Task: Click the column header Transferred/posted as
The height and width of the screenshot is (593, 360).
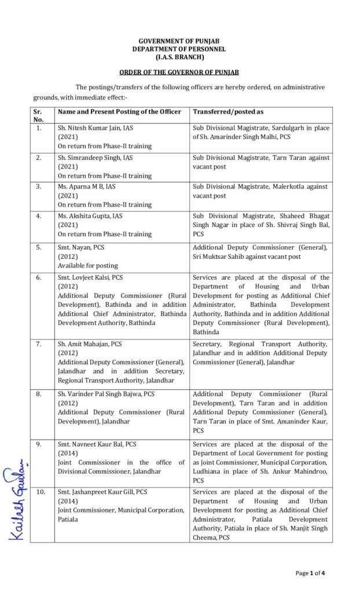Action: [228, 111]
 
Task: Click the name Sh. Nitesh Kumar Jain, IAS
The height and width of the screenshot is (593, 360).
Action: [95, 128]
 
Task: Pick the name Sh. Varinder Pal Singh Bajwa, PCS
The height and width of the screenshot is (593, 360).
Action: [106, 394]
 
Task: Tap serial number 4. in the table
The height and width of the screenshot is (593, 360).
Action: [38, 215]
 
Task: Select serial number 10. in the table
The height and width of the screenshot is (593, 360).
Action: [39, 492]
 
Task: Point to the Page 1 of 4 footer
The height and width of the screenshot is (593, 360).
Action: [310, 573]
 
